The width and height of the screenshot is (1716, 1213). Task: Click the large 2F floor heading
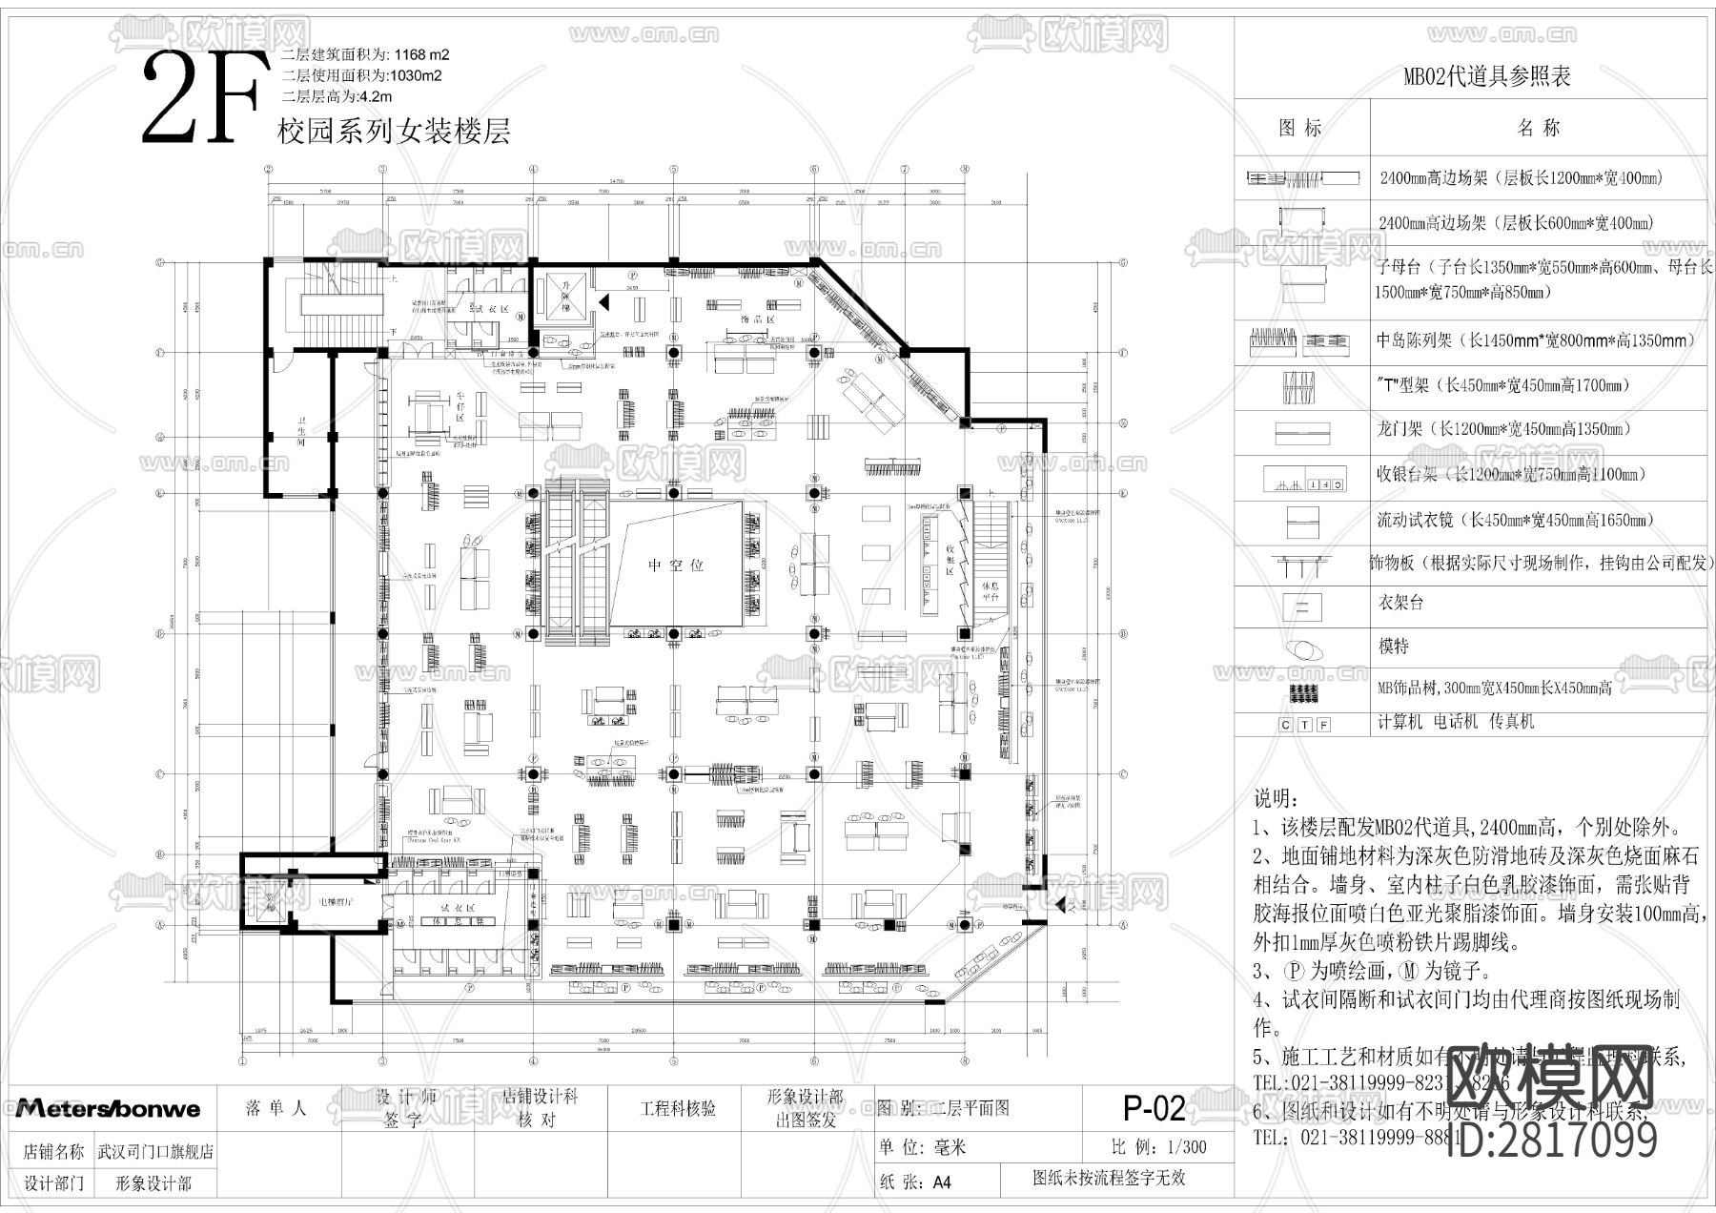pos(202,99)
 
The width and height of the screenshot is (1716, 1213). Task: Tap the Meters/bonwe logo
pos(108,1108)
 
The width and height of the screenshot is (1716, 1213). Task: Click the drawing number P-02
pos(1154,1108)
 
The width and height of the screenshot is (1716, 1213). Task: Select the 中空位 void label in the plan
pos(676,565)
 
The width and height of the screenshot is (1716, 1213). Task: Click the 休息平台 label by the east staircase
pos(990,590)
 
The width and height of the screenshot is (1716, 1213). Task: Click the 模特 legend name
pos(1394,647)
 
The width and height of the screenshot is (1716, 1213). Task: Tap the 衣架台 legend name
pos(1399,603)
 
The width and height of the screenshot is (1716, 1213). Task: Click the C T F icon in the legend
pos(1303,725)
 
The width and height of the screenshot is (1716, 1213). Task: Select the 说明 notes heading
pos(1276,798)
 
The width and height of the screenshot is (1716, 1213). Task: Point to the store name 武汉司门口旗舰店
pos(155,1151)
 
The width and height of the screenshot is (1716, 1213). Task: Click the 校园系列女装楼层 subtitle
pos(393,131)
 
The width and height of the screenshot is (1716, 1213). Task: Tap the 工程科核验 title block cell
pos(678,1108)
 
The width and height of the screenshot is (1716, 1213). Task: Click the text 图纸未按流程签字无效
pos(1109,1179)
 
